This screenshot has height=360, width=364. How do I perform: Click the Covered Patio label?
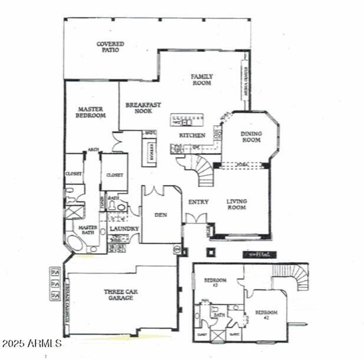(110, 47)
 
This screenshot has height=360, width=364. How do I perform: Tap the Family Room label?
(202, 80)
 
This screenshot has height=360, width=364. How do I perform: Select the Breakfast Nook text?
(143, 108)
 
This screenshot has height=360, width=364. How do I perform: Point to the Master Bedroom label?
(91, 112)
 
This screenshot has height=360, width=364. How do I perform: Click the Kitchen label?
(192, 135)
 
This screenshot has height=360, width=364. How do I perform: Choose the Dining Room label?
(251, 137)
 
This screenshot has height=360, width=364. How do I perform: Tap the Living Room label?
(237, 204)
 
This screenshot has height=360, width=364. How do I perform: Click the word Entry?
(198, 202)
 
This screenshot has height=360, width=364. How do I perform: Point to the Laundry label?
(124, 229)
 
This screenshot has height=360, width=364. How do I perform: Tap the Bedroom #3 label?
(214, 283)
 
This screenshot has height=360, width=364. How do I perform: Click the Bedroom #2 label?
(266, 315)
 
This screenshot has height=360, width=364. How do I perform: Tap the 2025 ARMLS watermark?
(31, 343)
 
